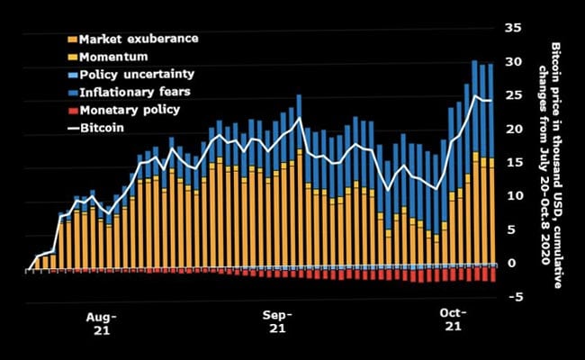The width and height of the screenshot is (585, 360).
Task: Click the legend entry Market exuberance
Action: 139,40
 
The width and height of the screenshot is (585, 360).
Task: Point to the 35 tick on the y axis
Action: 513,29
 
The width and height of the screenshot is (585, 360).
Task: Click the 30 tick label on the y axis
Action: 513,62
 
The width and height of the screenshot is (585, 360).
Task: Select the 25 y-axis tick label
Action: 513,95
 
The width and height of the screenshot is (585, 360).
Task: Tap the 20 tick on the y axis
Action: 513,129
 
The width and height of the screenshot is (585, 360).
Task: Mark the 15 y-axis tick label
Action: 513,163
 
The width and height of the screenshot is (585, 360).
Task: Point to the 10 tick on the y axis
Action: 513,196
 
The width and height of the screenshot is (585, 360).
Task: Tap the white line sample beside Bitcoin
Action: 72,127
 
